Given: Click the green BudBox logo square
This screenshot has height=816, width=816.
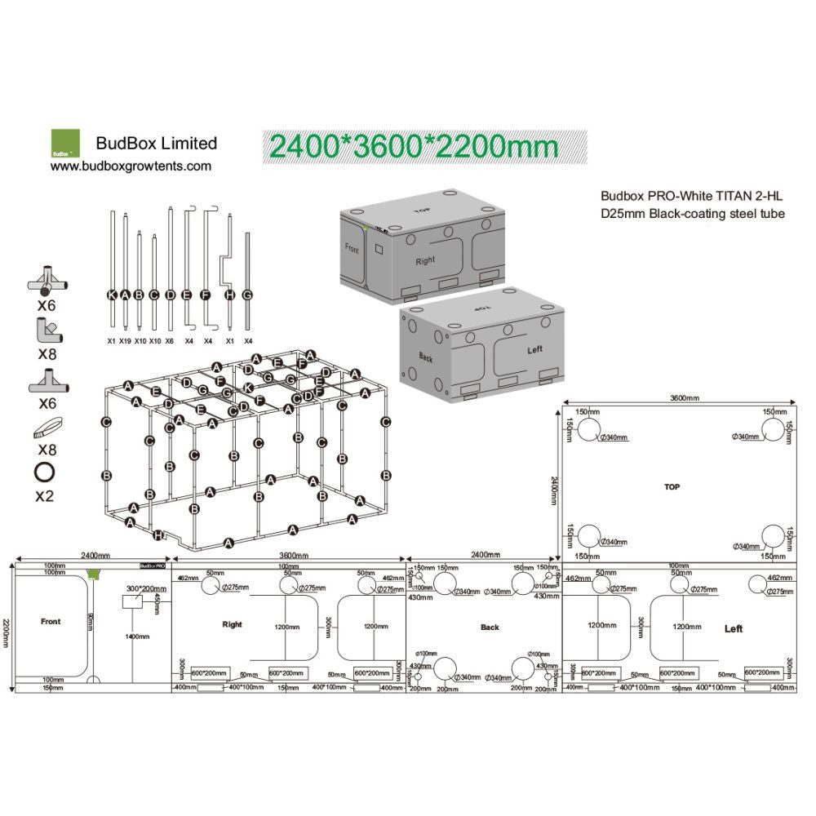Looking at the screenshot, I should [65, 143].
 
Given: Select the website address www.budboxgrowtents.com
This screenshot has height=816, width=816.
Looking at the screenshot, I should [131, 166].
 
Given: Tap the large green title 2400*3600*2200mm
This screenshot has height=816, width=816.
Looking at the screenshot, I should [414, 146].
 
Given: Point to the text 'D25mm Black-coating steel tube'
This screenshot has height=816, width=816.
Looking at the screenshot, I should [693, 214].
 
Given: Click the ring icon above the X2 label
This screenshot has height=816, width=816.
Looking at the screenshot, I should [44, 472].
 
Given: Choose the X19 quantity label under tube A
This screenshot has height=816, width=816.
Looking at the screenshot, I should [125, 341].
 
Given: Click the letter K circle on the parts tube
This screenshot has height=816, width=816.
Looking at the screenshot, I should [112, 295].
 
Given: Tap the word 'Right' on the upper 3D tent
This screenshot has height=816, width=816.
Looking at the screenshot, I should [424, 261].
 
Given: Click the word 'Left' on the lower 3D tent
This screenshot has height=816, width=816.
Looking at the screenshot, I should [534, 350].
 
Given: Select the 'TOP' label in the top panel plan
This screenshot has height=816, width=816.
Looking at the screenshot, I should [672, 486].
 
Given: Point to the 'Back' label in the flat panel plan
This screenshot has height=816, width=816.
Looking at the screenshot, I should [490, 628].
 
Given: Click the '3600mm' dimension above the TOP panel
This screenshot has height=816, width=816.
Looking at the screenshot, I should [684, 398].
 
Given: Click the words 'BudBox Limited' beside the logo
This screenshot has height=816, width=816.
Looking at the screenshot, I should [157, 144].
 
